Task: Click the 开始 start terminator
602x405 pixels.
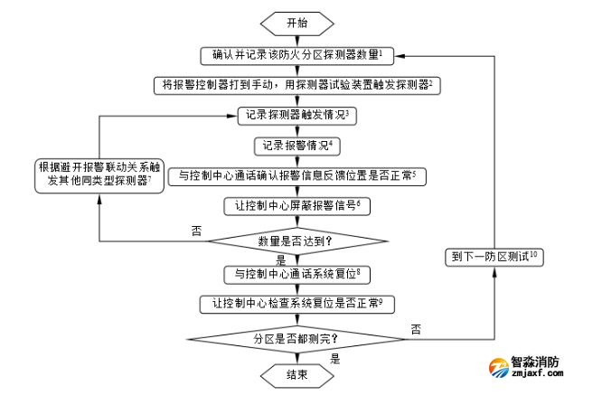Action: point(296,23)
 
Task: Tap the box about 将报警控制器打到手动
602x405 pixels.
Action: point(296,84)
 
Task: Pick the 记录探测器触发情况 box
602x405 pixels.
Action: point(296,115)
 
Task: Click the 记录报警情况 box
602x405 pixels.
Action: point(296,145)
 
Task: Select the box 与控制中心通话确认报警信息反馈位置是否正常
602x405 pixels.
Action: point(296,175)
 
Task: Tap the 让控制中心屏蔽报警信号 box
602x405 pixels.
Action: point(296,205)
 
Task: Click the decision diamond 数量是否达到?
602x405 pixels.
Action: point(296,240)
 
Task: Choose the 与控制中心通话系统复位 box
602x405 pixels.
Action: point(296,272)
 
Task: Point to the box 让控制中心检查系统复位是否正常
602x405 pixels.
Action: point(296,304)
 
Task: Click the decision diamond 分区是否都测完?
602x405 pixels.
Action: point(296,338)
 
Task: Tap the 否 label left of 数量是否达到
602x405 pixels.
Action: point(196,231)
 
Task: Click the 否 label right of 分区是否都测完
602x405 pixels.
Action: point(416,327)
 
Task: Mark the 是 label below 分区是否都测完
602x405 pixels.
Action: point(334,358)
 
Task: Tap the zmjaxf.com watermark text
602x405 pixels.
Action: point(537,374)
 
